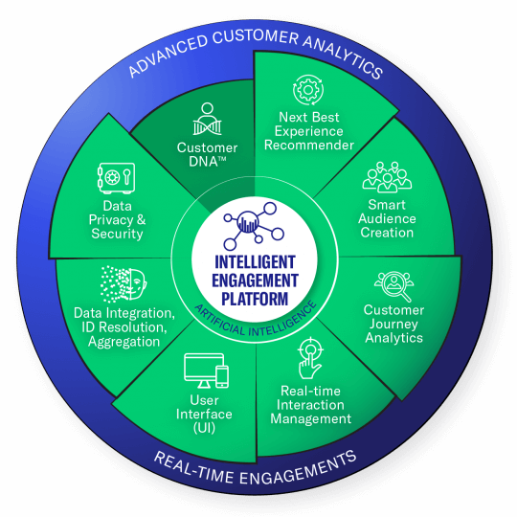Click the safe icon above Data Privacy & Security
coord(116,178)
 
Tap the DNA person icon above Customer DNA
coord(207,119)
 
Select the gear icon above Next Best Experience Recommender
coord(308,90)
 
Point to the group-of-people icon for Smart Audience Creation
coord(387,177)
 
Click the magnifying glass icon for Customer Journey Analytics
coord(394,286)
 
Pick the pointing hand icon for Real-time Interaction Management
coord(310,358)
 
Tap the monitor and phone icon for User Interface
coord(207,371)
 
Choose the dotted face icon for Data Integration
coord(124,284)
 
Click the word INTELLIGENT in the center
coord(255,262)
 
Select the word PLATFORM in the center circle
coord(255,299)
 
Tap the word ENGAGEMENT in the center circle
coord(255,281)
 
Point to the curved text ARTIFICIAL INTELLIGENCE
coord(256,325)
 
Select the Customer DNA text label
coord(207,155)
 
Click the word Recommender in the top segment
coord(309,146)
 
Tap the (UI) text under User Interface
coord(204,428)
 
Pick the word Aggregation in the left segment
coord(124,342)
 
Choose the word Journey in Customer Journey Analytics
coord(393,325)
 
